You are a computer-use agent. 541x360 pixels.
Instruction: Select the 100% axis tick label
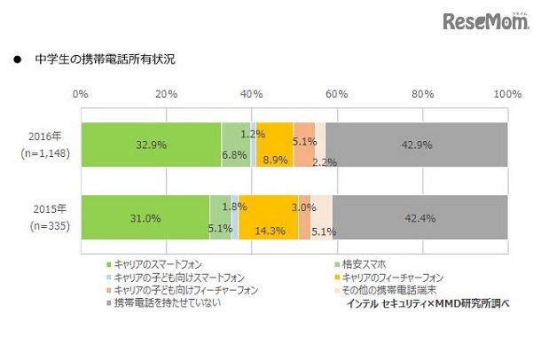[x=506, y=94]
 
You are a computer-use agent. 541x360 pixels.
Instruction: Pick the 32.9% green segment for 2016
[x=151, y=145]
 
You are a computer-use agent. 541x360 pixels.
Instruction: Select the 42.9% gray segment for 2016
[x=416, y=145]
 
